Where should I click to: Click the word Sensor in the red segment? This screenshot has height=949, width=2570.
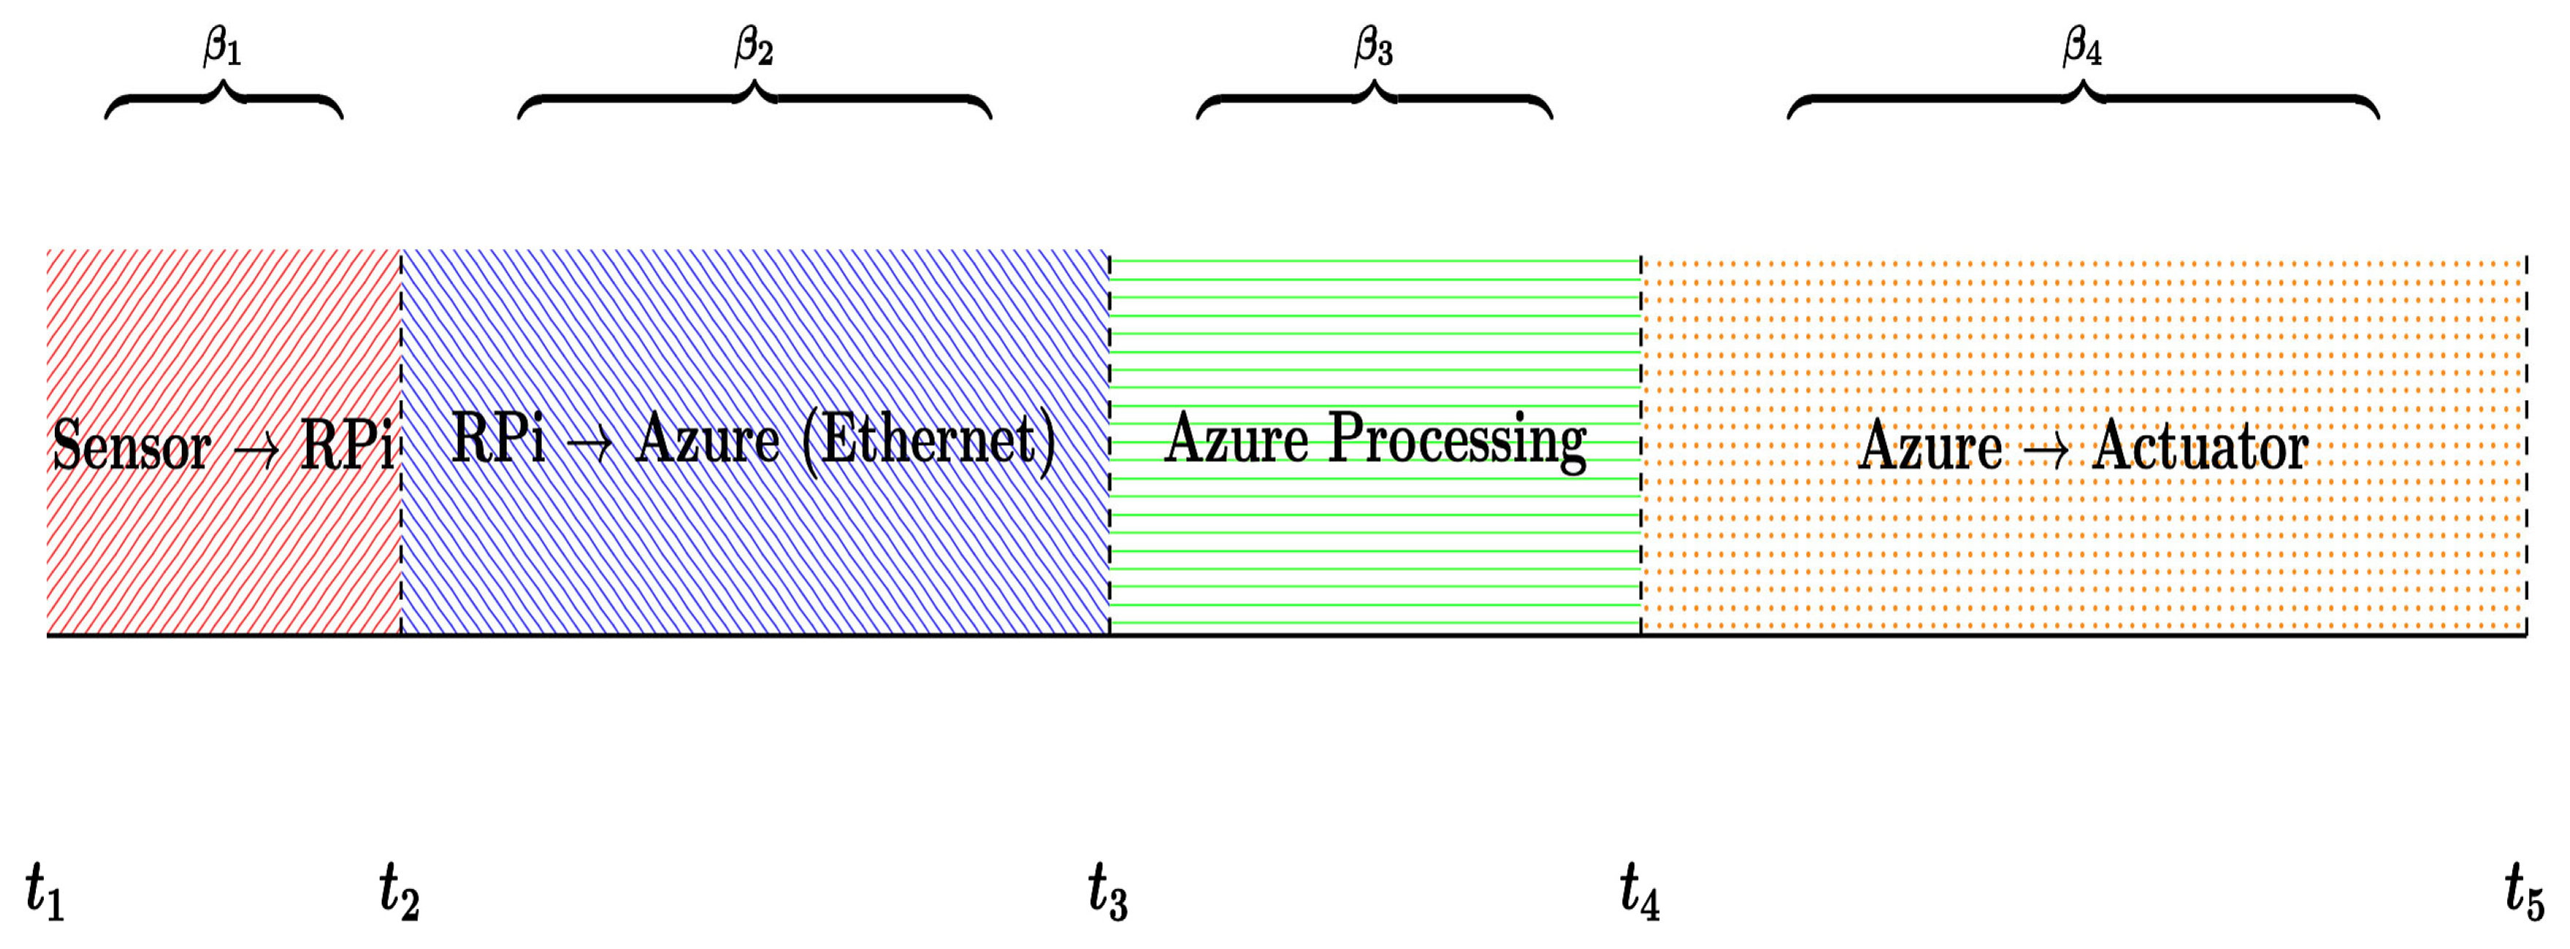[x=131, y=445]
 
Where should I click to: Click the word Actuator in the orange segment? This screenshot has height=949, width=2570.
[x=2200, y=445]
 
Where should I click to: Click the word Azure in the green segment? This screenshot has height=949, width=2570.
[x=1236, y=439]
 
